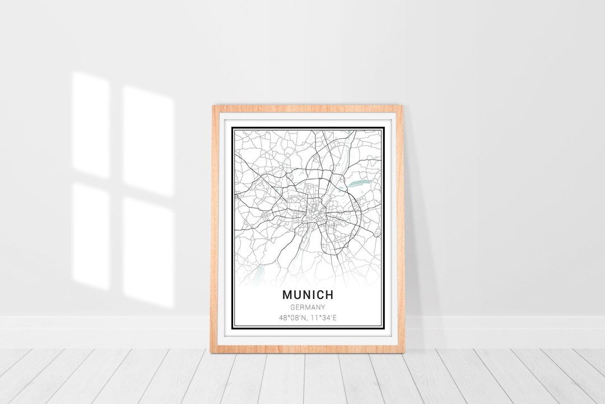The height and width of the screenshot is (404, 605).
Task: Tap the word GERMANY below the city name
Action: coord(309,307)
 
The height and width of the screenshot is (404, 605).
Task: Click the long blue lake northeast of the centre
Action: coord(355,183)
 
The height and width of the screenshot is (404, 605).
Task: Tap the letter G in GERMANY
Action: coord(293,307)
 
